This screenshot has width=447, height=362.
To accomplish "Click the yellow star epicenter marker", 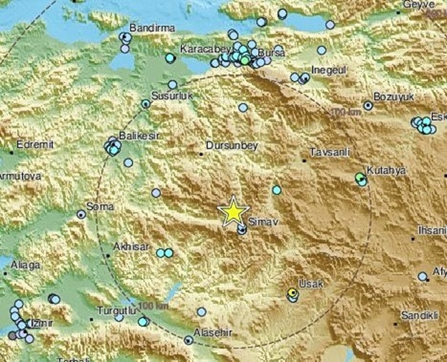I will point(233,211).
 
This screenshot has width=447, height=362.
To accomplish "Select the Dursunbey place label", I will point(232,146).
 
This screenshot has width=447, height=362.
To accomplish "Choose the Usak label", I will point(311,284).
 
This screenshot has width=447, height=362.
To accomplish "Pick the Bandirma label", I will point(152,28).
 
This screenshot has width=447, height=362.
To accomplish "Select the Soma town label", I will point(100,207).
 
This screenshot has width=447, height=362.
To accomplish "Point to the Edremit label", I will point(35,145).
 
